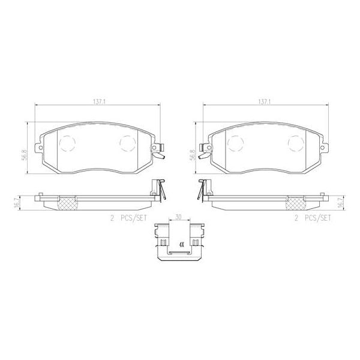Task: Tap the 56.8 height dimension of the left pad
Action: pos(25,155)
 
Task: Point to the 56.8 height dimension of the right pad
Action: pos(192,155)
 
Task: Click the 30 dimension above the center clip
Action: pos(178,217)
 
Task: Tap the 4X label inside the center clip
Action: pos(179,245)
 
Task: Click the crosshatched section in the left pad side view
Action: pos(65,203)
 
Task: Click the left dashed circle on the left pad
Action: pos(67,142)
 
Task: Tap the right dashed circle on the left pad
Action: pos(127,142)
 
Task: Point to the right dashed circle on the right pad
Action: pos(294,142)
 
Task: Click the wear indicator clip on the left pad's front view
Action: pos(160,154)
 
